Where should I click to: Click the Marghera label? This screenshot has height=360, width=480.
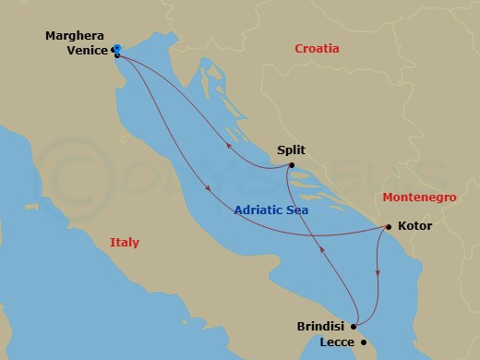tap(75, 36)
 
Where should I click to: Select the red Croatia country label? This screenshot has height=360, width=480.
tap(317, 49)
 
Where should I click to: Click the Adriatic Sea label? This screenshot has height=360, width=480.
tap(271, 210)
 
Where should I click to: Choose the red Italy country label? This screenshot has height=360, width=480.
tap(124, 242)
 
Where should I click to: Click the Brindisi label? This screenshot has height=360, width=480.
tap(322, 327)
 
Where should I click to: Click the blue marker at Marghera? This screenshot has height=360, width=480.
tap(115, 49)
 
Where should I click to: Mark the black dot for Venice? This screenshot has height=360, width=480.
tap(117, 54)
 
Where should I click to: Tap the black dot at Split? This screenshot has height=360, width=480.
tap(291, 166)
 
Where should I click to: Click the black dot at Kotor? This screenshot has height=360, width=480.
tap(389, 226)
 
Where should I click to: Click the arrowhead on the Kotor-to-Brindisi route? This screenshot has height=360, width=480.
tap(378, 272)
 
